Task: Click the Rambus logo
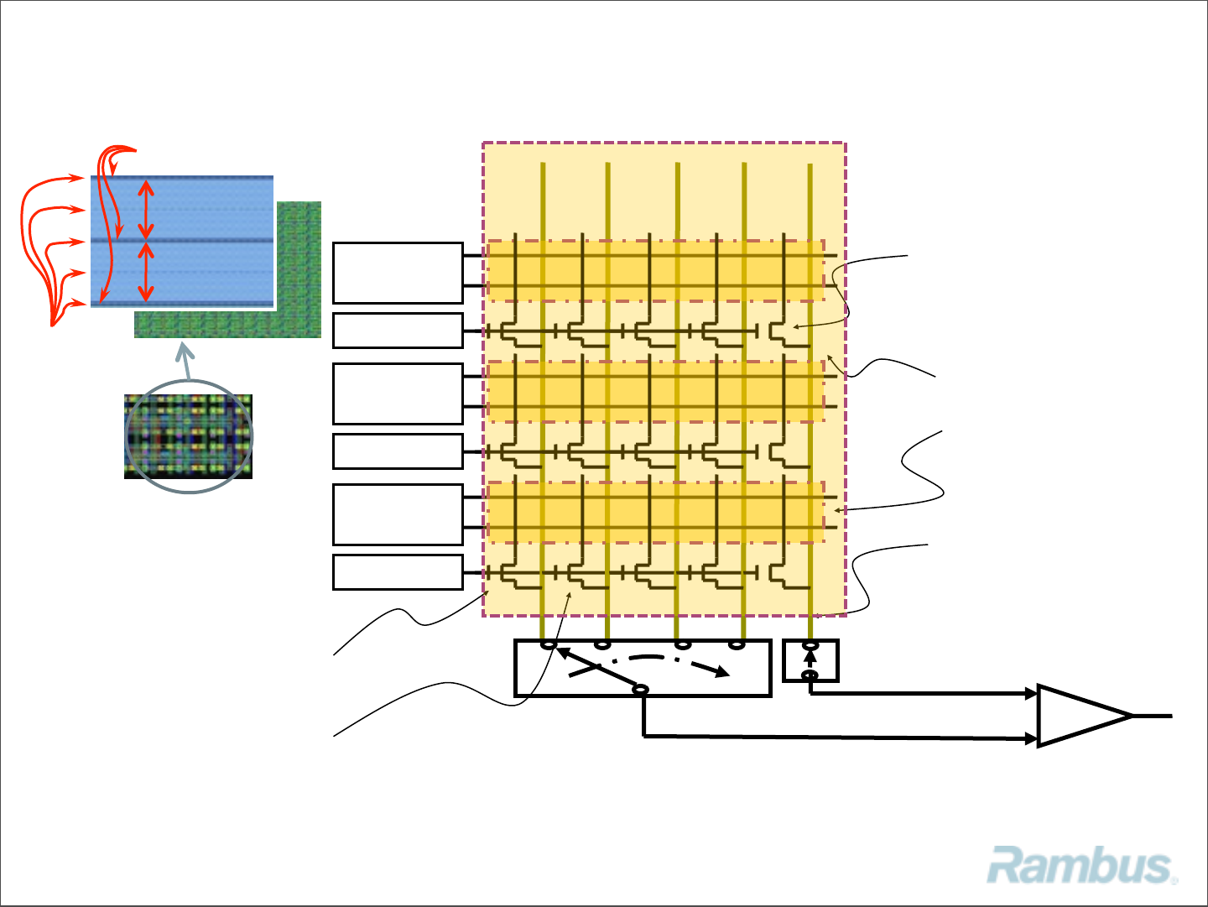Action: pyautogui.click(x=1081, y=866)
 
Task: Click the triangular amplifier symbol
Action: pyautogui.click(x=1082, y=716)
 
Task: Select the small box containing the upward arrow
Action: pyautogui.click(x=810, y=660)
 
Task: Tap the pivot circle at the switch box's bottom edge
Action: pyautogui.click(x=640, y=690)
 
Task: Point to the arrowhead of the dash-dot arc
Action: pyautogui.click(x=721, y=671)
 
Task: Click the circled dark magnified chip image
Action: pyautogui.click(x=188, y=436)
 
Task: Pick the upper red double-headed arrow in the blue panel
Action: pyautogui.click(x=146, y=209)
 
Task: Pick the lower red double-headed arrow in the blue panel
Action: pyautogui.click(x=146, y=272)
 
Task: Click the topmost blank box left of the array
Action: pyautogui.click(x=398, y=273)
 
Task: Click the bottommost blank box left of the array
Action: pyautogui.click(x=398, y=572)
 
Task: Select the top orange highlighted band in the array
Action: pyautogui.click(x=654, y=271)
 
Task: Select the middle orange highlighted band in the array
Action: pyautogui.click(x=654, y=392)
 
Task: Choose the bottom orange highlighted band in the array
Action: pyautogui.click(x=654, y=513)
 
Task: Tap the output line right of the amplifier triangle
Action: pyautogui.click(x=1153, y=716)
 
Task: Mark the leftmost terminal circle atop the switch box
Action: pyautogui.click(x=549, y=644)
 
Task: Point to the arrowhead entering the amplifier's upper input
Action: pyautogui.click(x=1031, y=694)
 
